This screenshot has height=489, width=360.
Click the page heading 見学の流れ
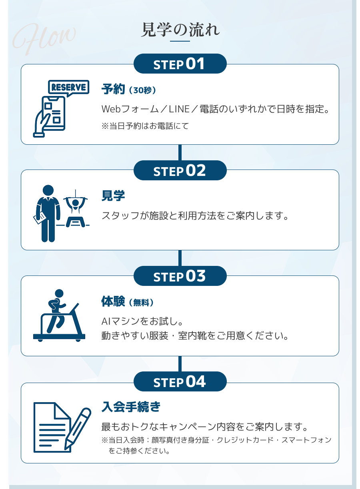[180, 30]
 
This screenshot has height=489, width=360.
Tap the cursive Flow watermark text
[44, 38]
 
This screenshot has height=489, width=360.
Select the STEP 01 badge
[180, 64]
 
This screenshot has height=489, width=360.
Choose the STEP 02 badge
[180, 170]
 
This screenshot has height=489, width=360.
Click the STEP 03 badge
[180, 276]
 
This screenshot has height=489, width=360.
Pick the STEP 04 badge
[180, 381]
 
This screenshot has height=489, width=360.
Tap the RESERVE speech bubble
[68, 88]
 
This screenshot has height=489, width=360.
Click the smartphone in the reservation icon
[54, 113]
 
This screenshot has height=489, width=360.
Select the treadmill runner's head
[59, 293]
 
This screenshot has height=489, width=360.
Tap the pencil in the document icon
[78, 429]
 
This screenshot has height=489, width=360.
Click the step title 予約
[113, 89]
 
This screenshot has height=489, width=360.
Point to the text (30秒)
[142, 90]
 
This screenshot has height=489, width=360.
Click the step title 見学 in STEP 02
[113, 196]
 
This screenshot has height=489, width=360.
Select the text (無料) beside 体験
[141, 303]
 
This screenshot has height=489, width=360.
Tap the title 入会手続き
[131, 407]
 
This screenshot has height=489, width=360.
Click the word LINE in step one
[179, 109]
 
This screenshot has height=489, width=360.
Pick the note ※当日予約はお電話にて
[145, 126]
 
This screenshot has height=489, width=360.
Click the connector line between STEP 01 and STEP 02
[180, 153]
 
